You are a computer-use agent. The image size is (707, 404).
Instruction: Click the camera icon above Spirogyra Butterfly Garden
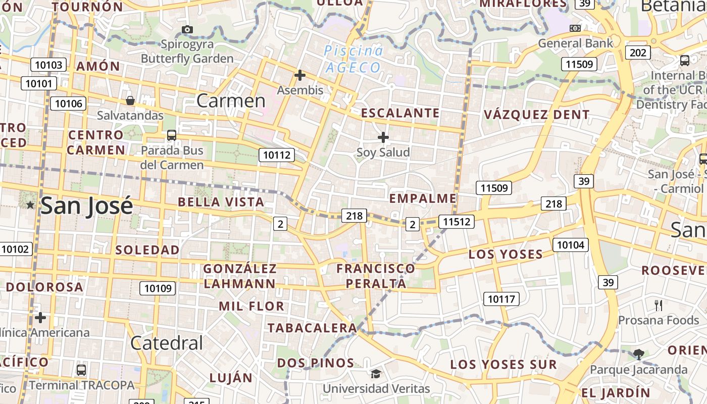[x=187, y=30]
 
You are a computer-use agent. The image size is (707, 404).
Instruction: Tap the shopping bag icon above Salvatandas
[x=130, y=100]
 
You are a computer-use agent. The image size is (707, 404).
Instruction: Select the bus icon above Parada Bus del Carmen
[x=172, y=135]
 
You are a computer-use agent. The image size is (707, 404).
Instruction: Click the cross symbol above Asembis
[x=300, y=76]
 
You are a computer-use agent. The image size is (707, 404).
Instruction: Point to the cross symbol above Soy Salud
[x=383, y=137]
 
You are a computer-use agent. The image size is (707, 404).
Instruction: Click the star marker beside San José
[x=30, y=205]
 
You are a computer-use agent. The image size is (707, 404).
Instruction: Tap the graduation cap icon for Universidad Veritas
[x=376, y=374]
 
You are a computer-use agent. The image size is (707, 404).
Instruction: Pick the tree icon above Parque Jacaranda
[x=638, y=354]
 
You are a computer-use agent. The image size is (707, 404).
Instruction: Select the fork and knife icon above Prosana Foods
[x=658, y=305]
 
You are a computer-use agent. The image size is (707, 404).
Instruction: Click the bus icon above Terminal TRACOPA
[x=81, y=370]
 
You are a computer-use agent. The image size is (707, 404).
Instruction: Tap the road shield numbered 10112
[x=277, y=155]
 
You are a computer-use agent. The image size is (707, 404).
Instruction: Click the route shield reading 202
[x=638, y=53]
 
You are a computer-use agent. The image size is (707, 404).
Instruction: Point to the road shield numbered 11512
[x=457, y=221]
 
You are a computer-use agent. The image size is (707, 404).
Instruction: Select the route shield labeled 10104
[x=571, y=245]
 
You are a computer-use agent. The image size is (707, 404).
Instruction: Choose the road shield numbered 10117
[x=501, y=298]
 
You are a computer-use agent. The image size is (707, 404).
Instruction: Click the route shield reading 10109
[x=158, y=288]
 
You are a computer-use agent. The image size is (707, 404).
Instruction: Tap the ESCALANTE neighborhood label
[x=400, y=113]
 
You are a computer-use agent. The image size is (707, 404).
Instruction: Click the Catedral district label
[x=167, y=343]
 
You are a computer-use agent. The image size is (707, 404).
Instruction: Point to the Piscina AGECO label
[x=353, y=59]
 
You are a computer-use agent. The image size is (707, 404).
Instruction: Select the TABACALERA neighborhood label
[x=312, y=328]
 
